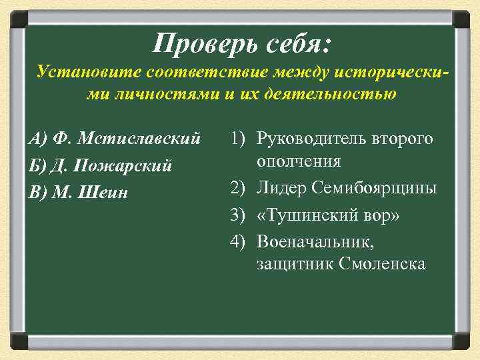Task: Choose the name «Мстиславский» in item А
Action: click(x=139, y=139)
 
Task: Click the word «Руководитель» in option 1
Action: click(x=307, y=139)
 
